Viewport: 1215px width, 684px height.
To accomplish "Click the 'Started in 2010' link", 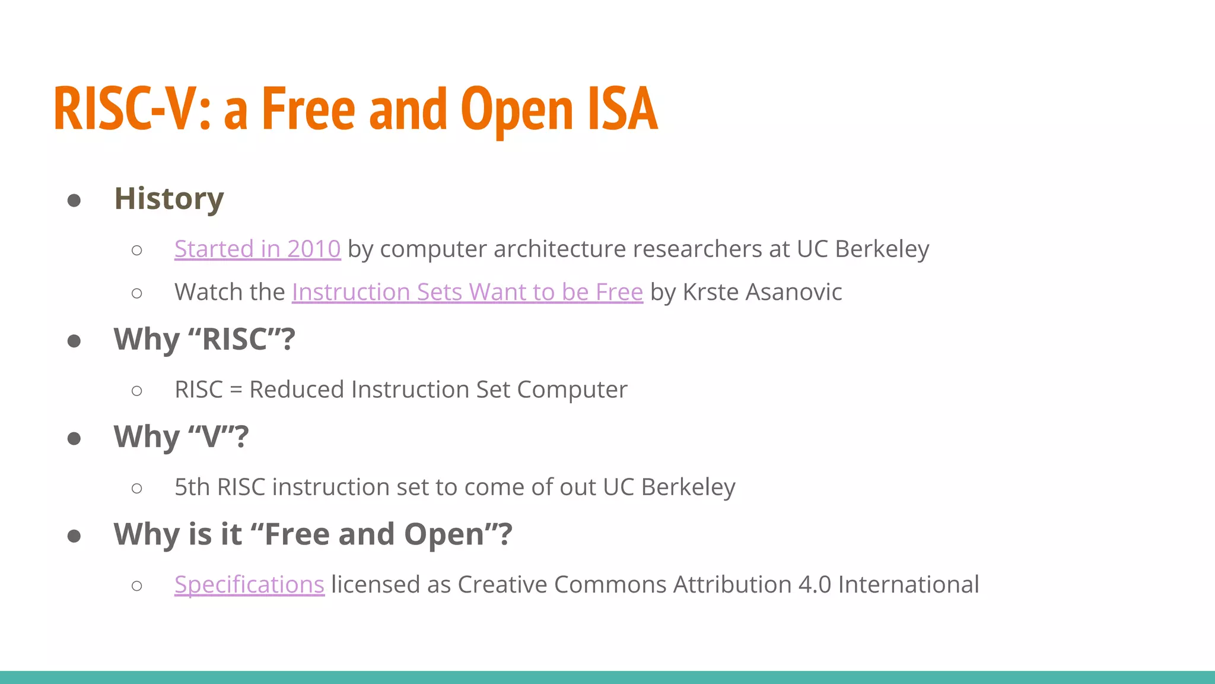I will (257, 249).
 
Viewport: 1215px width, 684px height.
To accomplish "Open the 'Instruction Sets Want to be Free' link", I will (467, 292).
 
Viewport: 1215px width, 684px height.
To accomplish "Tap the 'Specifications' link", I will (249, 584).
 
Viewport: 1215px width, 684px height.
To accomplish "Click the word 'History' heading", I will (168, 198).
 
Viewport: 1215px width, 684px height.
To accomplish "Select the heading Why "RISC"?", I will (204, 340).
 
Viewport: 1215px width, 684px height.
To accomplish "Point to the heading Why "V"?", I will (181, 437).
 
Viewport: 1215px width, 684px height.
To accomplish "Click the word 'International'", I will (908, 584).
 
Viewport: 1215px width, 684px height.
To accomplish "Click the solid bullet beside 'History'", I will (74, 200).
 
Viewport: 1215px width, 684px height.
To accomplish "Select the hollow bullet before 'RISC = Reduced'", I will (137, 391).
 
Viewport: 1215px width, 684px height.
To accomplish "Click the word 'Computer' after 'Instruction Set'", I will (572, 389).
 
